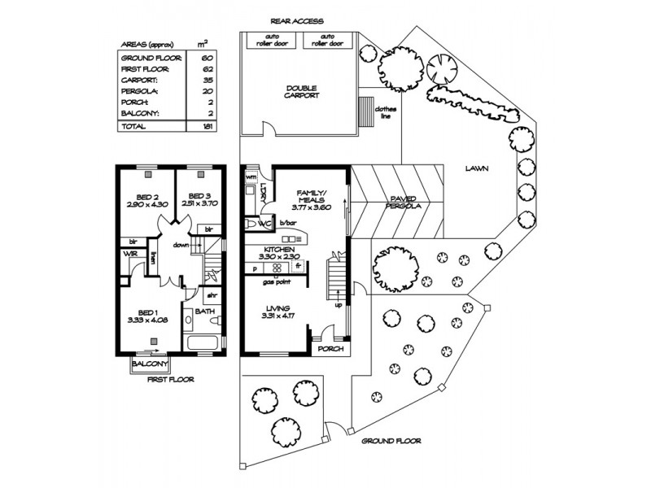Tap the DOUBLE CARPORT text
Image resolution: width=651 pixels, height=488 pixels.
point(302,91)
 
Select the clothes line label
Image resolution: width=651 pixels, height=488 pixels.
point(384,112)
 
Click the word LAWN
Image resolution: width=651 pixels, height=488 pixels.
point(476,169)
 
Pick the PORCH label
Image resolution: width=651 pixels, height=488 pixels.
point(331,349)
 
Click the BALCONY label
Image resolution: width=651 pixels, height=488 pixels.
point(151,364)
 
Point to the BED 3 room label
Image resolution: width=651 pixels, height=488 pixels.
point(199,200)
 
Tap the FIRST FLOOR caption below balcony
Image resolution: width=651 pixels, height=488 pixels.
point(169,379)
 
